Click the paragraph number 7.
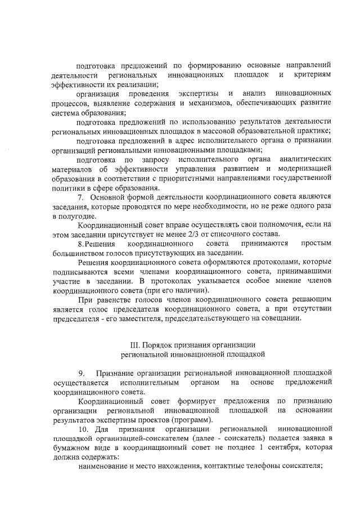[80, 197]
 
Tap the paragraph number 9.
[82, 373]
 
